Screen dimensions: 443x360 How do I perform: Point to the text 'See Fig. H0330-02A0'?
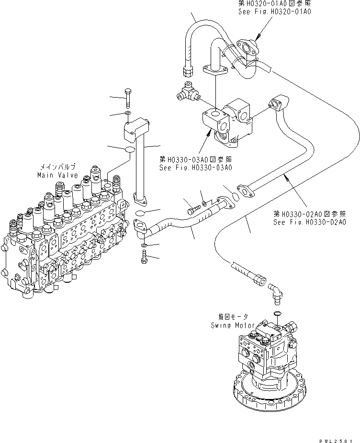click(x=309, y=222)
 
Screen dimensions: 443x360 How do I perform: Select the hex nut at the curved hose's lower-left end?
click(x=188, y=71)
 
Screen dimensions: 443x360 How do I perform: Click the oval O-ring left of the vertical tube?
click(x=128, y=150)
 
